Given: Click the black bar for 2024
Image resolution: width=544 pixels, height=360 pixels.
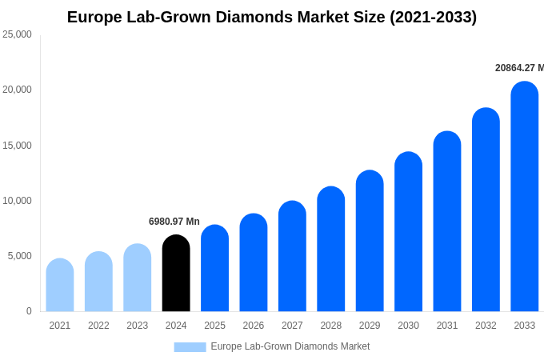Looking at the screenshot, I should coord(176,274).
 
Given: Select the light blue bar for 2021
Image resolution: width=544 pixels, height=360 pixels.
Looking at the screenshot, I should coord(60,286).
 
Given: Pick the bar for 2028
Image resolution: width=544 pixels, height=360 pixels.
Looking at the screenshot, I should coord(330,250).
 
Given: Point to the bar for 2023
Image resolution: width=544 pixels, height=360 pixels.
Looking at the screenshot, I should coord(137,278).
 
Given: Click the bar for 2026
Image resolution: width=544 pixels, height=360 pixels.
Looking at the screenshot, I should coord(254,263).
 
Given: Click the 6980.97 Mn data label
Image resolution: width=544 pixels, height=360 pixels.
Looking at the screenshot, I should coord(174,222).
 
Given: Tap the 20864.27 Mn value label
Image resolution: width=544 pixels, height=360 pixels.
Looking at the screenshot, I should coord(519,68).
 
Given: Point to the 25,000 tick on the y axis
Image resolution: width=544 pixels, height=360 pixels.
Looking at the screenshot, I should coord(17,34).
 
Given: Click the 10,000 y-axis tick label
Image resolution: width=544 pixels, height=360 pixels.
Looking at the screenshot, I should coord(17,201).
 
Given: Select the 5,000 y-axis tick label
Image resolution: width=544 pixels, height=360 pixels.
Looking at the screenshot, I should coord(19,256).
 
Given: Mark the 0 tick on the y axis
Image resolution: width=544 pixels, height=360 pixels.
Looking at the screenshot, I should coord(29,311).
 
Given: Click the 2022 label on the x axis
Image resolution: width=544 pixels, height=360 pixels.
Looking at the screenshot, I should coord(98,326).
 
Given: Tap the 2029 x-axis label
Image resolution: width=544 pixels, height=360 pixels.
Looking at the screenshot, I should coord(370,326).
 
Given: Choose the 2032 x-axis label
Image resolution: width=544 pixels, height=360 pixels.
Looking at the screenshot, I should coord(486,326).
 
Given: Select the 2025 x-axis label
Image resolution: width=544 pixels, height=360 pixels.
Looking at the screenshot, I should coord(214,326).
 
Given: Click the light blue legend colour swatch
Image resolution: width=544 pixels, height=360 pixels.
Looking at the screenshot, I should coord(190,347).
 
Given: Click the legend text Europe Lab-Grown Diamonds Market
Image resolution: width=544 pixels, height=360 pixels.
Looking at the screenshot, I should coord(290,346).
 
